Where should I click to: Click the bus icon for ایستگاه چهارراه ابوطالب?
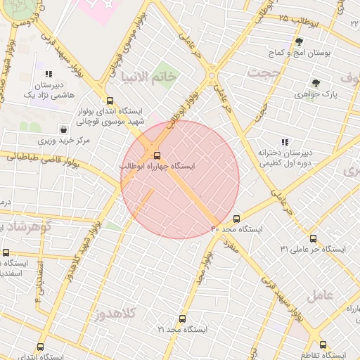(x=156, y=155)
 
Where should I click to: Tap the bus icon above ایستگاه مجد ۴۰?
(x=236, y=219)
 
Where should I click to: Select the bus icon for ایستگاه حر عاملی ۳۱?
(x=313, y=238)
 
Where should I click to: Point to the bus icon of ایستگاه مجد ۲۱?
(x=182, y=319)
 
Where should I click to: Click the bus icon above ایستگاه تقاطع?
(x=323, y=345)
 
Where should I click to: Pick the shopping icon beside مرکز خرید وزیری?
(x=64, y=129)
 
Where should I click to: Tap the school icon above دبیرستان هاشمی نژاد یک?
(x=49, y=73)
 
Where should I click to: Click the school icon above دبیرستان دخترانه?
(x=285, y=142)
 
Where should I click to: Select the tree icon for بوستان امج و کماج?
(x=299, y=41)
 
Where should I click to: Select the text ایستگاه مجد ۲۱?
(x=183, y=329)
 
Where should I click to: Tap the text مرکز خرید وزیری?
(x=64, y=141)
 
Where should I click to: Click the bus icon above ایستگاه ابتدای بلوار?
(x=109, y=101)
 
